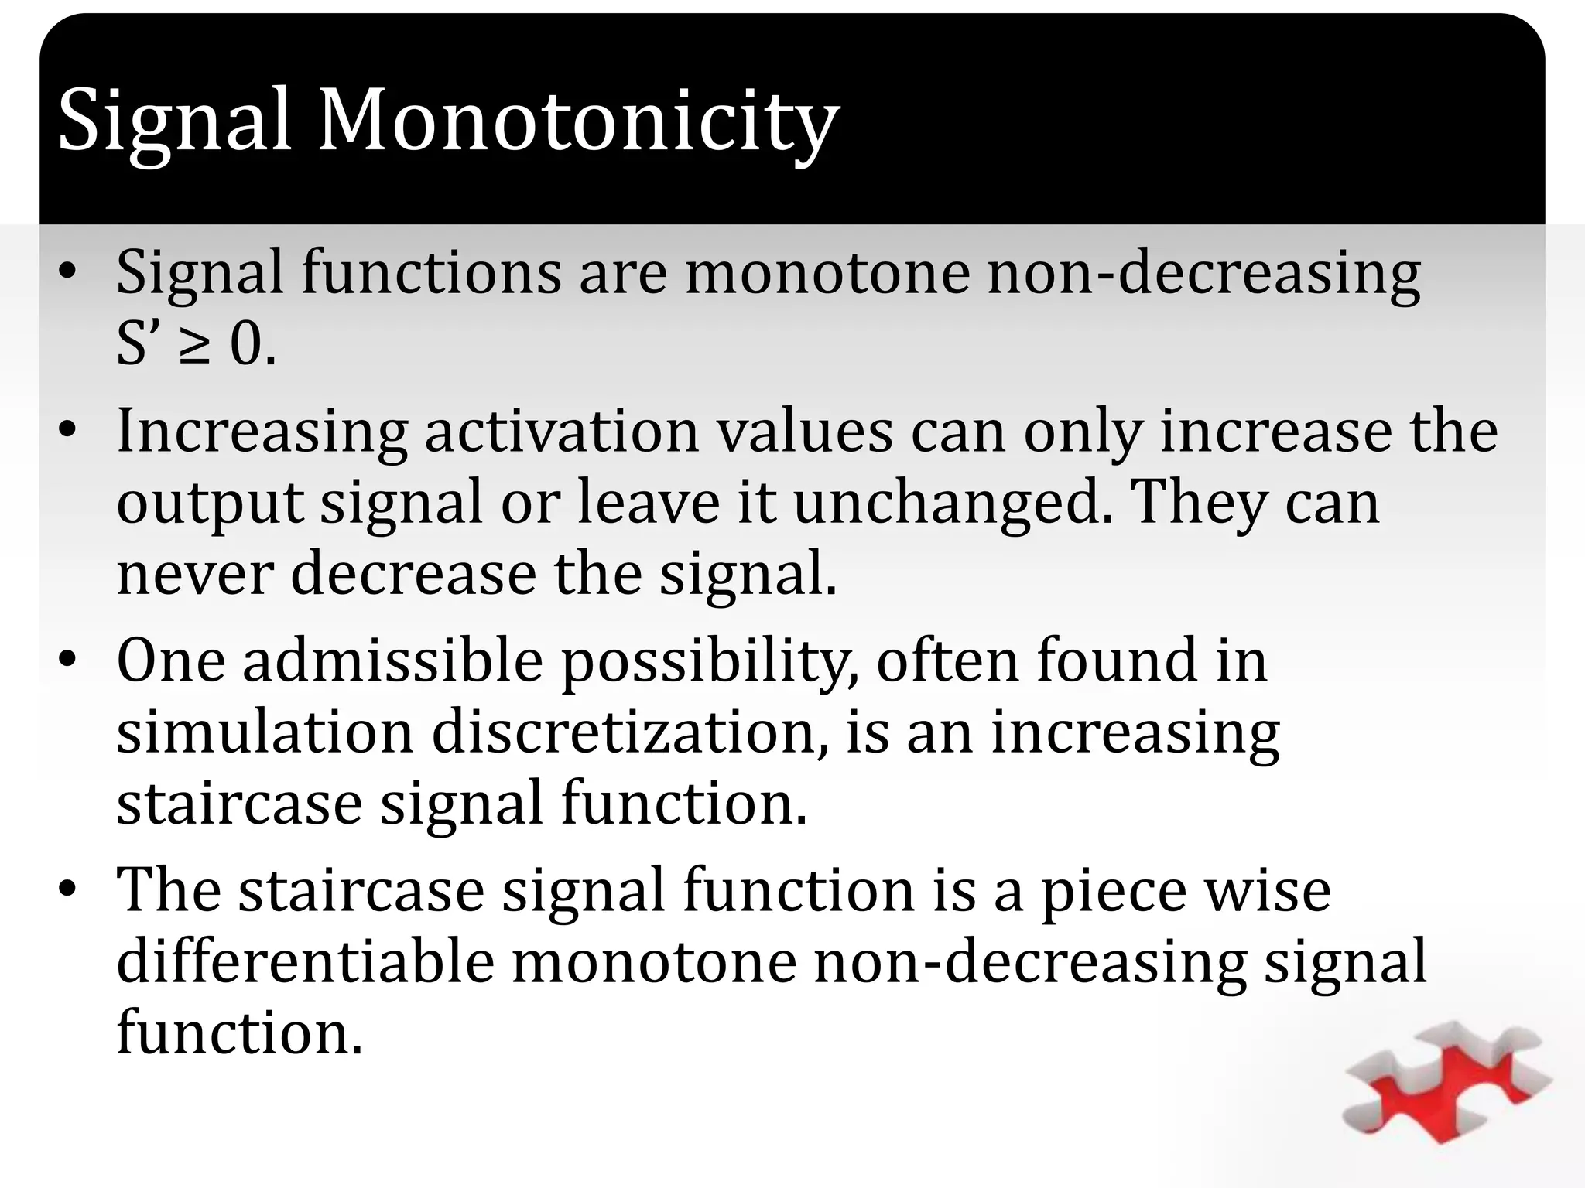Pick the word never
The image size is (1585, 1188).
pos(195,573)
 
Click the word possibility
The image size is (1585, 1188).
pos(709,662)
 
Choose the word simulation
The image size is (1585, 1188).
pos(265,732)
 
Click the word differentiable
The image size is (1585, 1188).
pos(306,961)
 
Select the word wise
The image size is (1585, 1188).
pos(1265,889)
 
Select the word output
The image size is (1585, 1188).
pos(210,504)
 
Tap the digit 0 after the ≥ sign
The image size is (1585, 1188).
pos(247,346)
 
